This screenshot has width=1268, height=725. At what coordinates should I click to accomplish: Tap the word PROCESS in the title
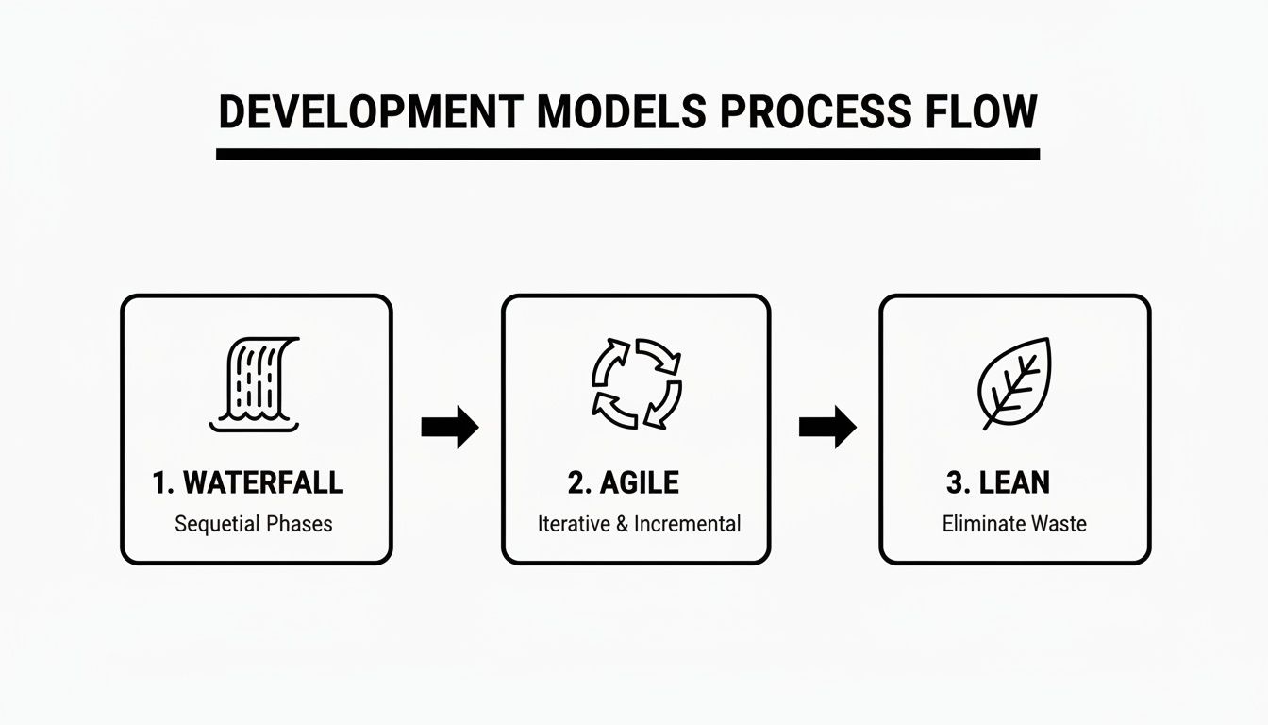(x=812, y=112)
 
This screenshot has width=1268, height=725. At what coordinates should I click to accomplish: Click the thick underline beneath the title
(x=627, y=154)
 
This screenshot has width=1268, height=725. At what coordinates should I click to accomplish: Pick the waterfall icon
(x=255, y=384)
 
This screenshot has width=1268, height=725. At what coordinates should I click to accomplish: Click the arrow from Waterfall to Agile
(x=449, y=428)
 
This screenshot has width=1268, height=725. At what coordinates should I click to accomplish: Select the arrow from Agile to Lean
(x=826, y=428)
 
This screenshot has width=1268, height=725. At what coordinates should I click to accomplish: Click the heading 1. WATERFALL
(x=247, y=483)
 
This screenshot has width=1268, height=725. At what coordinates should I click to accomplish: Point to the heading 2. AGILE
(x=623, y=483)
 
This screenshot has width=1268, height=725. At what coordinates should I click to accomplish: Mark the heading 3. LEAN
(x=997, y=483)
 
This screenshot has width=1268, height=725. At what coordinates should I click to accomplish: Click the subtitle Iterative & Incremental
(x=639, y=523)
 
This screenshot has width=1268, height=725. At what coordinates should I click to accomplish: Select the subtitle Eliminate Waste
(x=1014, y=523)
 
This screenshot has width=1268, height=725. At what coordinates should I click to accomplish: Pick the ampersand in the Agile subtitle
(x=622, y=523)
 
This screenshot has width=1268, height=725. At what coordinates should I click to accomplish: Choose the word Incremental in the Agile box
(x=687, y=523)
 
